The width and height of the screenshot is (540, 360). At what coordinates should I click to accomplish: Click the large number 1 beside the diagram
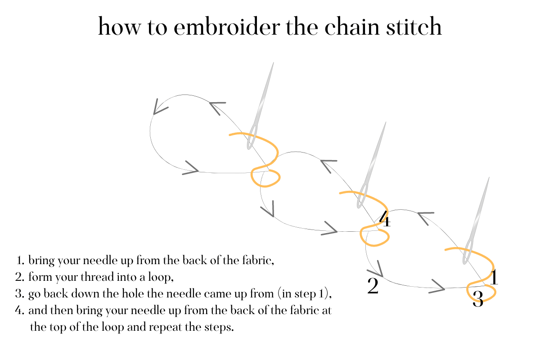tap(494, 278)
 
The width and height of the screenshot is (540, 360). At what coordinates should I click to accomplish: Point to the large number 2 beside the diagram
tap(373, 287)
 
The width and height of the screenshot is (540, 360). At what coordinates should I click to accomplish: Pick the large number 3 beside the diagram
tap(478, 299)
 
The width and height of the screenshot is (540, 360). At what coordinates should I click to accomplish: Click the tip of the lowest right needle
tap(489, 178)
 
